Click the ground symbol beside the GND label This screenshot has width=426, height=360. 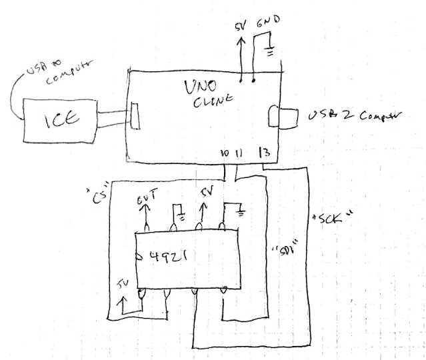pos(268,51)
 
